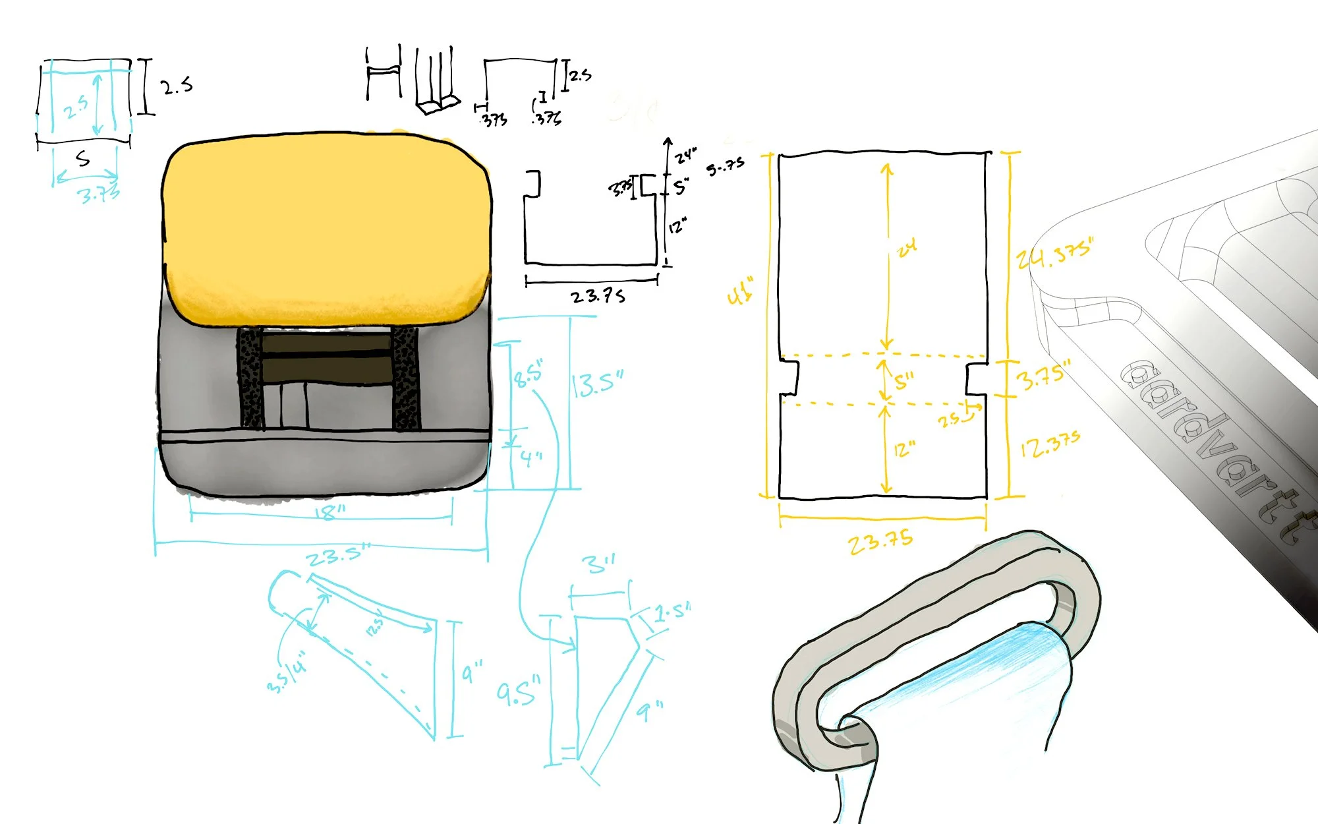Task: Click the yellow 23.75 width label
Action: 880,542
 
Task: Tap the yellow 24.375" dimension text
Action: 1054,254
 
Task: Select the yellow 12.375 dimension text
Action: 1050,445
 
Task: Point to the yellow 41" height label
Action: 741,291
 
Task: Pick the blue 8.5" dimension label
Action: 529,374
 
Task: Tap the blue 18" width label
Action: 329,512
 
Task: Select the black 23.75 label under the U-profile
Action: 598,296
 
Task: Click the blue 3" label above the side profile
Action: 598,564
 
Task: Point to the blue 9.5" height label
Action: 519,692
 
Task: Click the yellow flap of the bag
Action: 326,227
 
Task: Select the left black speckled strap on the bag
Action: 250,379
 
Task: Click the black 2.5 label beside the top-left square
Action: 177,86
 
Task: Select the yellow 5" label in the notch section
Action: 904,381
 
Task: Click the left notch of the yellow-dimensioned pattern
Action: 789,377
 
